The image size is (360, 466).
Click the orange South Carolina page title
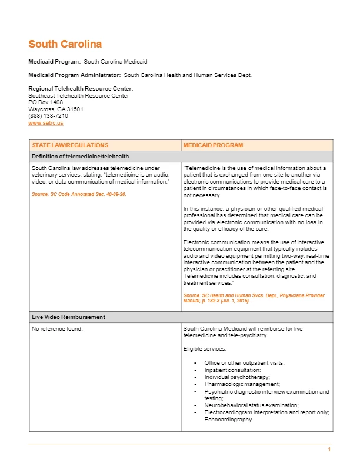(65, 44)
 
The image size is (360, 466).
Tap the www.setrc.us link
(46, 122)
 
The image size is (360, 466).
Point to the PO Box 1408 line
(46, 102)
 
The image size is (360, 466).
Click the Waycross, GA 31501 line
(56, 109)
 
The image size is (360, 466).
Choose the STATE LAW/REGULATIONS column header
(70, 145)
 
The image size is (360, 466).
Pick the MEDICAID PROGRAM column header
(213, 145)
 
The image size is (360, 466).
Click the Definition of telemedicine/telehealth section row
(81, 156)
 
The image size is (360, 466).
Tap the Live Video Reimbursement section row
(68, 317)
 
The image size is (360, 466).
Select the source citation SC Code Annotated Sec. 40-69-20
(79, 194)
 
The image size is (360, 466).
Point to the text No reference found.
(57, 328)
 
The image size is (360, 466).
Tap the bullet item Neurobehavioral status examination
(251, 405)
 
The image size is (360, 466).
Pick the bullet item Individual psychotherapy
(237, 377)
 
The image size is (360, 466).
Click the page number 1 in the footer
(329, 450)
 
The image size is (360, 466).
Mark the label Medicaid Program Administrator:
(75, 75)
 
